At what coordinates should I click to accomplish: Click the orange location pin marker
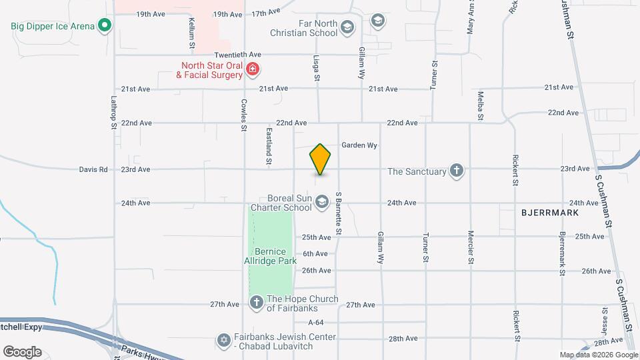click(x=321, y=159)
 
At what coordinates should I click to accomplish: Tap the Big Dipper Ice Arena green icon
click(x=104, y=26)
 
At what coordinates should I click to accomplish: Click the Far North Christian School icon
click(x=347, y=27)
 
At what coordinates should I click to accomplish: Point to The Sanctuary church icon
click(x=457, y=171)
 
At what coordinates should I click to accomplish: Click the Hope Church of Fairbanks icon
click(x=257, y=303)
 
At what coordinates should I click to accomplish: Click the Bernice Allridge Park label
click(x=271, y=256)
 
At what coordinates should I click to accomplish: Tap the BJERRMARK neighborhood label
click(x=550, y=212)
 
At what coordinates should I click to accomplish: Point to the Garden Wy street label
click(x=359, y=145)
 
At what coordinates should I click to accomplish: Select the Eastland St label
click(x=269, y=146)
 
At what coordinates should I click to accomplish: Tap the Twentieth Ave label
click(x=237, y=55)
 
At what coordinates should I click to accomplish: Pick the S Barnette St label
click(x=339, y=213)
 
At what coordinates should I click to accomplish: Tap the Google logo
click(x=22, y=351)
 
